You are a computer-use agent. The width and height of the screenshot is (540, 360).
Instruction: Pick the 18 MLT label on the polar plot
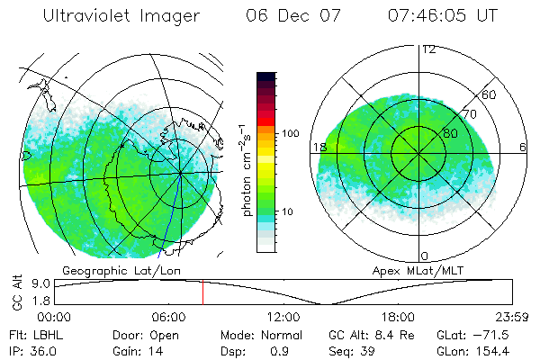319,147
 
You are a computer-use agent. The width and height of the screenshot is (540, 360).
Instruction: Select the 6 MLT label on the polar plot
523,147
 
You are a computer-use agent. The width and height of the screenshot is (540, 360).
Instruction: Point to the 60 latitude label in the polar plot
490,94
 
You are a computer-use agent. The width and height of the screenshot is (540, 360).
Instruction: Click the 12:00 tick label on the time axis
283,317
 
